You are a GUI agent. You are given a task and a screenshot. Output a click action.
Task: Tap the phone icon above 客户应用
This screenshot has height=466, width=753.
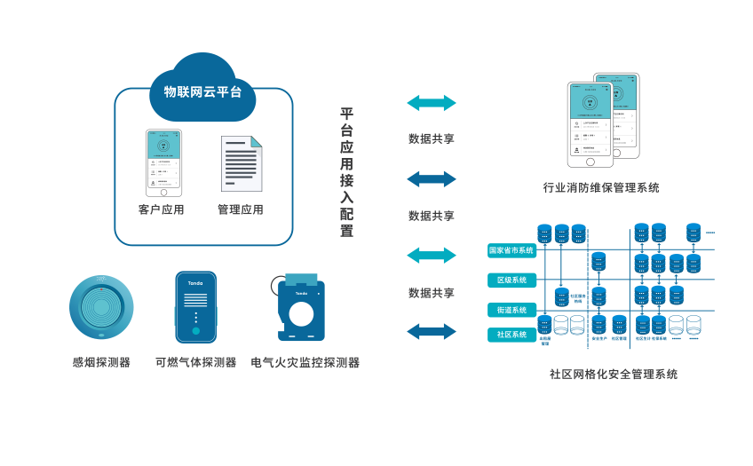pyautogui.click(x=164, y=163)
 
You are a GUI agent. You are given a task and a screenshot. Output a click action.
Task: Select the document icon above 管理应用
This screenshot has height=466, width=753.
pyautogui.click(x=241, y=162)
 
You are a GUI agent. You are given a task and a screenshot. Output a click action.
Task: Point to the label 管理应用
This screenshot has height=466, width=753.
pyautogui.click(x=240, y=210)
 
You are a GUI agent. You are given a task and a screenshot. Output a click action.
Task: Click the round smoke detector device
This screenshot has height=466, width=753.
pyautogui.click(x=102, y=307)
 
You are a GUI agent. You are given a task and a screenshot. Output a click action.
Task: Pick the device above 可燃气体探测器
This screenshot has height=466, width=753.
pyautogui.click(x=195, y=307)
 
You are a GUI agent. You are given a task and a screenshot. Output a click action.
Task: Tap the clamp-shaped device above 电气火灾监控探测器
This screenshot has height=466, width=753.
pyautogui.click(x=301, y=309)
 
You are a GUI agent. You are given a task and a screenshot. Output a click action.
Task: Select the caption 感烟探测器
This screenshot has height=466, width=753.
pyautogui.click(x=101, y=362)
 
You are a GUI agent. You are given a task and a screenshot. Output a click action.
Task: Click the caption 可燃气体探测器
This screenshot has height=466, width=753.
pyautogui.click(x=195, y=362)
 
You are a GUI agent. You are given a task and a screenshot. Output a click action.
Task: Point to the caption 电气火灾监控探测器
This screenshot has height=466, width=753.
pyautogui.click(x=305, y=362)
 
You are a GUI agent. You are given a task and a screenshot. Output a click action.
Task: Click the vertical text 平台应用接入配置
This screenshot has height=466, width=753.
pyautogui.click(x=346, y=172)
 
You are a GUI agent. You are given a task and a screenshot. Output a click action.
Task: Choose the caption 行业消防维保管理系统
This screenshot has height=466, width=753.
pyautogui.click(x=601, y=188)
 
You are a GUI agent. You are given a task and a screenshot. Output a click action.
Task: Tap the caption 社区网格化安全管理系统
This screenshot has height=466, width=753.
pyautogui.click(x=613, y=374)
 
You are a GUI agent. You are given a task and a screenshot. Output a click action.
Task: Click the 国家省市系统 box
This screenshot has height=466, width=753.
pyautogui.click(x=511, y=250)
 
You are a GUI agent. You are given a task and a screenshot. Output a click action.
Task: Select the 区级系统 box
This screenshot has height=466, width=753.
pyautogui.click(x=511, y=280)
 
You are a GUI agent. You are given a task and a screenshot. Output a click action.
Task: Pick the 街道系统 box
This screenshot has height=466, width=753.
pyautogui.click(x=511, y=310)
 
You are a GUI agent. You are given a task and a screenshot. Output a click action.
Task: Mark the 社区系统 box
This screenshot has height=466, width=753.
pyautogui.click(x=511, y=335)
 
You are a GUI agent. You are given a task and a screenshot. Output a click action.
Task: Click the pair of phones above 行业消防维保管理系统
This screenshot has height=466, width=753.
pyautogui.click(x=603, y=121)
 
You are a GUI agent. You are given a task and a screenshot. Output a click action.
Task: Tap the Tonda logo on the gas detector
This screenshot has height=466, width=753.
pyautogui.click(x=194, y=283)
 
